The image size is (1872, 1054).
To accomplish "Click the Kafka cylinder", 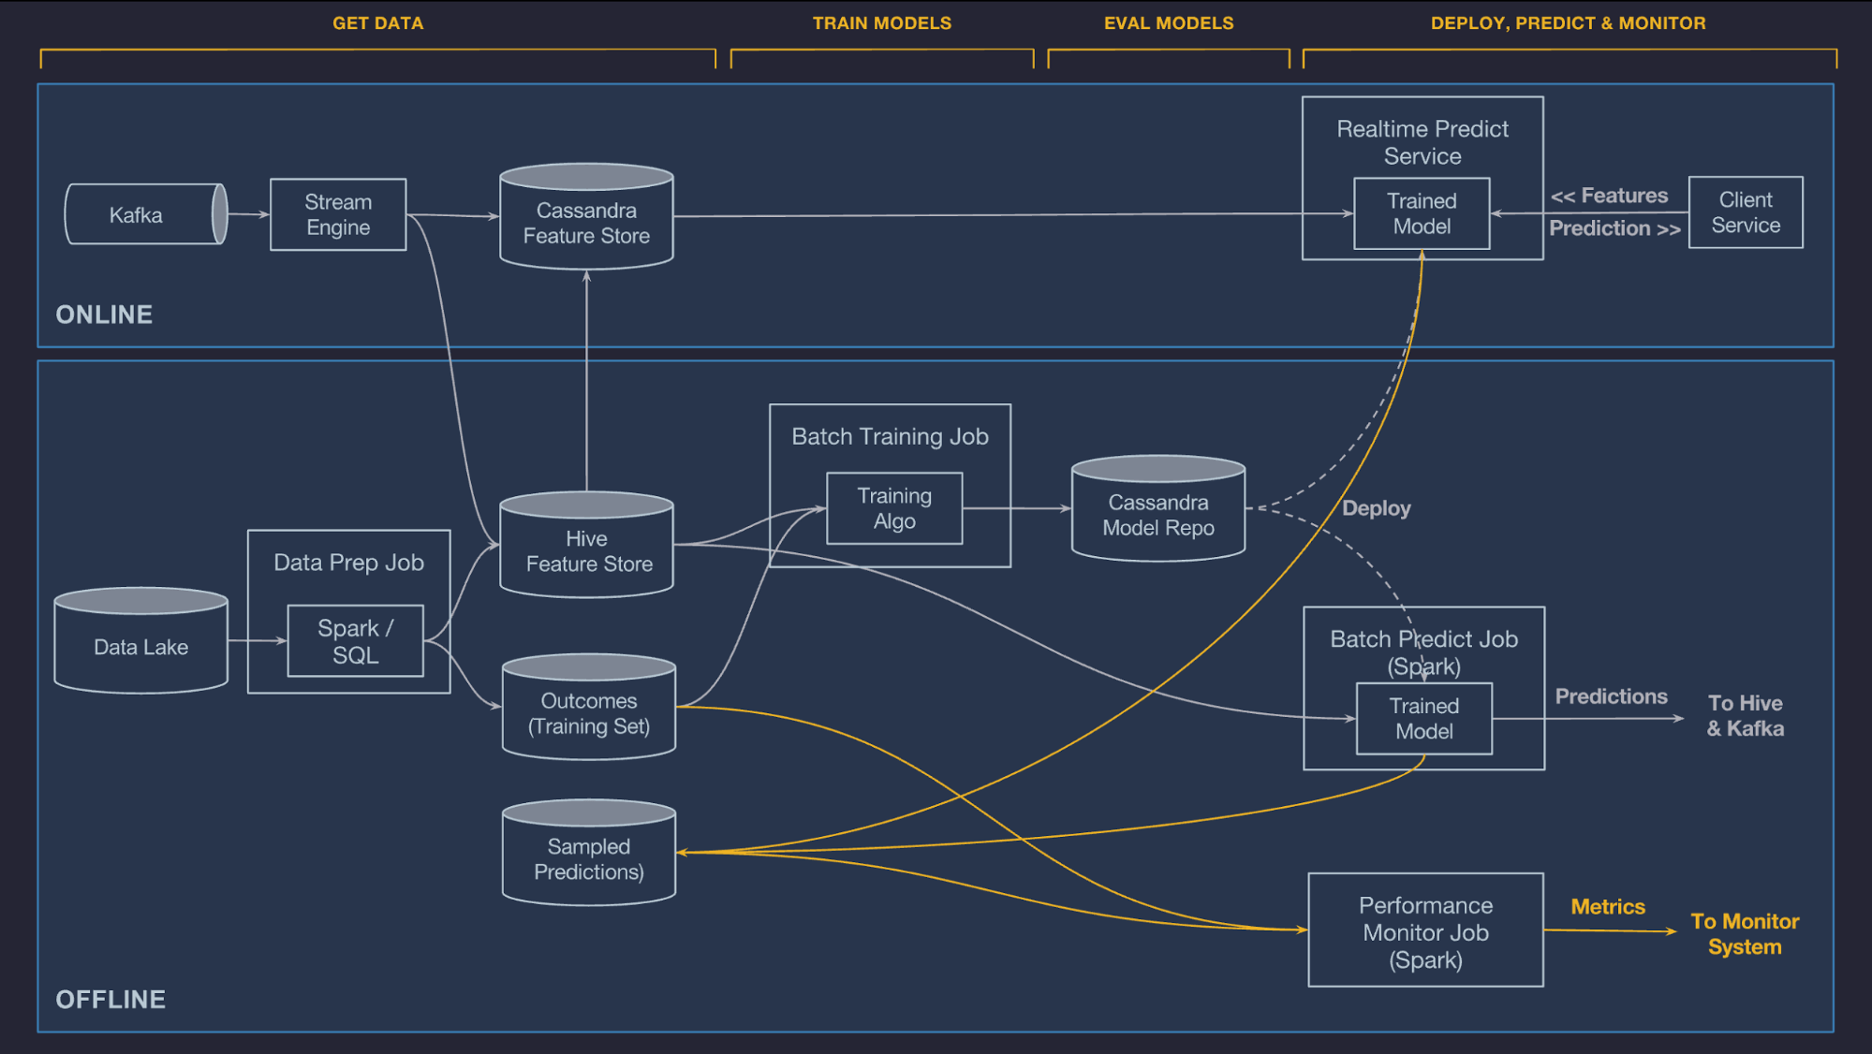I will tap(140, 215).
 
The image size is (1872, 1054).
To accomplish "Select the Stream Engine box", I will tap(338, 214).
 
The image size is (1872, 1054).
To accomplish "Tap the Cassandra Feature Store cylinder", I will tap(586, 222).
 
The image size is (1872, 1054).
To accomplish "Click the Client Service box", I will tap(1746, 212).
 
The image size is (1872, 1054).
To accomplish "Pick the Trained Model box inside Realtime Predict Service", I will tap(1422, 213).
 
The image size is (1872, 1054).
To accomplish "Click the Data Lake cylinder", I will tap(140, 646).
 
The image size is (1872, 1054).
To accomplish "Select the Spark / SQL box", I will tap(356, 641).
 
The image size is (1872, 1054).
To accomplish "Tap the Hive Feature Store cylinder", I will tap(587, 550).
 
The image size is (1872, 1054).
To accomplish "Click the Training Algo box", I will tap(894, 508).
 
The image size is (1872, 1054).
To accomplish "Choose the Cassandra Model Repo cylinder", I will tap(1158, 514).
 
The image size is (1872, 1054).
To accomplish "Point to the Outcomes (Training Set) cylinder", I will tap(589, 713).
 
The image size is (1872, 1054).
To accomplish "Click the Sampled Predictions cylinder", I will tap(589, 858).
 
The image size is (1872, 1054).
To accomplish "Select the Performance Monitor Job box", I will tap(1425, 931).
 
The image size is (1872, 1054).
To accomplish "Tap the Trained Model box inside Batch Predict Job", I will tap(1424, 719).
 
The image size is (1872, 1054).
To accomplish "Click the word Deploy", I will tap(1376, 508).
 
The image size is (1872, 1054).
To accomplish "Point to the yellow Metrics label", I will tap(1608, 906).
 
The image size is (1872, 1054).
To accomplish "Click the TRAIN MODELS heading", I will tap(881, 23).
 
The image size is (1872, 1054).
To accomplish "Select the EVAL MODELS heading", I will tap(1168, 23).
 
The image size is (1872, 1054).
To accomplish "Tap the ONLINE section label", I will tap(104, 315).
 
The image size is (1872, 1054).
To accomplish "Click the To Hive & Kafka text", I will tap(1745, 715).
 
